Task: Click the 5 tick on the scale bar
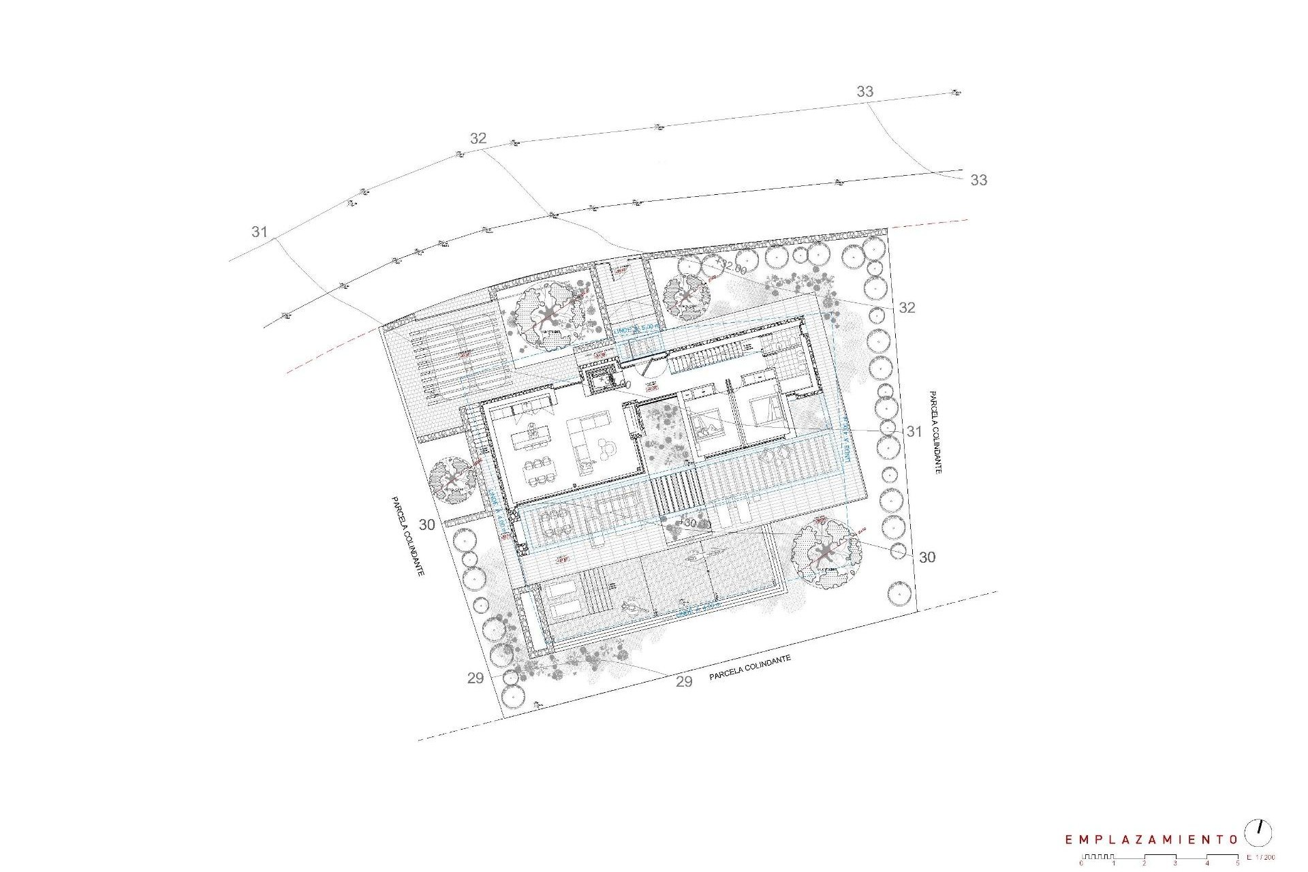1238,863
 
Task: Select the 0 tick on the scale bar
1081,863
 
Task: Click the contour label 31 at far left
259,232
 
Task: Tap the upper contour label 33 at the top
865,91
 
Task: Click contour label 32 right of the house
907,308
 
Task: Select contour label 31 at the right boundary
914,431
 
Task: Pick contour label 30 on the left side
426,525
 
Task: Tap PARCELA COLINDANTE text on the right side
934,432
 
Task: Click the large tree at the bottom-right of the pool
826,552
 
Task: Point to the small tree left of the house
452,480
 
